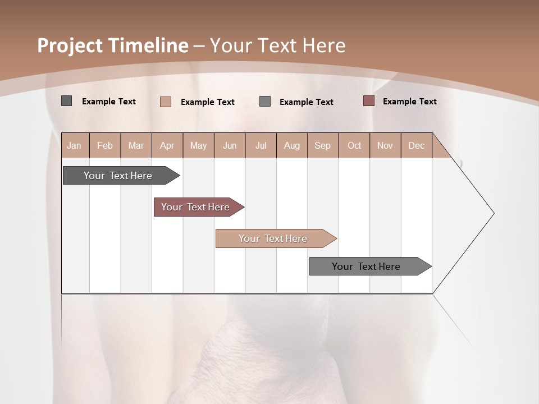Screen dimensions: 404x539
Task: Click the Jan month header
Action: point(75,145)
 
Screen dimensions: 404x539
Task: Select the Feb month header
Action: point(105,145)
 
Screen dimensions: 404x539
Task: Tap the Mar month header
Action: point(136,145)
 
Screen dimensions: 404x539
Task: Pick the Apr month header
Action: point(167,145)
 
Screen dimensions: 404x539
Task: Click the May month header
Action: point(198,145)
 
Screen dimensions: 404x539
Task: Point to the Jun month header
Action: point(230,145)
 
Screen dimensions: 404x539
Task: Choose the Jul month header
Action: point(261,145)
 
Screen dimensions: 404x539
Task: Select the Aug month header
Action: point(292,145)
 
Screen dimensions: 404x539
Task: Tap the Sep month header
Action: point(323,145)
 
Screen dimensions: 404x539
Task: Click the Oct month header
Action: point(354,145)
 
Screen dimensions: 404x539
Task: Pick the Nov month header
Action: point(385,145)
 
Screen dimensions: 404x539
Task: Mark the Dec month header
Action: point(417,145)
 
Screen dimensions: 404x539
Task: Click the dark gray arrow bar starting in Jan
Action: point(118,176)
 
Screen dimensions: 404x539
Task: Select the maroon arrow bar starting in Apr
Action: point(196,207)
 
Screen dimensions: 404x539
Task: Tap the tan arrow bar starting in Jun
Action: point(273,238)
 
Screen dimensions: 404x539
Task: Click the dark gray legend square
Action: point(67,101)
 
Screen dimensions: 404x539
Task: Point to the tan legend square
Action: point(166,102)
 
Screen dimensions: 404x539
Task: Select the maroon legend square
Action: point(368,101)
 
